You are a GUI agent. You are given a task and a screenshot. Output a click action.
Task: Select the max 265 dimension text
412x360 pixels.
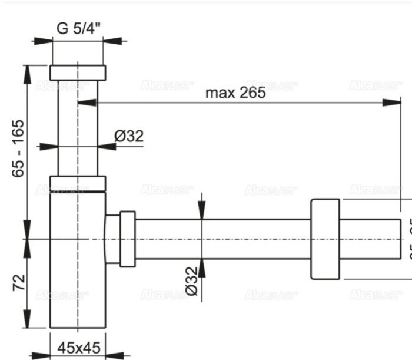coord(235,92)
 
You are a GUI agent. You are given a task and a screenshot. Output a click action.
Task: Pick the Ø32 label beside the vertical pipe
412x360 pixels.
coord(129,137)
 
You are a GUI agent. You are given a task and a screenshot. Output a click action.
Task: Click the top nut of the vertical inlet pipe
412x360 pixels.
coord(78,72)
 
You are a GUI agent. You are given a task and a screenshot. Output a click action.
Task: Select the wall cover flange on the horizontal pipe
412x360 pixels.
coord(325,239)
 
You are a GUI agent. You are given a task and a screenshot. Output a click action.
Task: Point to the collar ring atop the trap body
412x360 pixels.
coord(78,184)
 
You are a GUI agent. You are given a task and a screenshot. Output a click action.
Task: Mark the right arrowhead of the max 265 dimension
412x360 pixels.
coord(394,103)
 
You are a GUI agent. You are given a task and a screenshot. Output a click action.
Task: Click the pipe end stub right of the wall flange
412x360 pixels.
coord(370,239)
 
